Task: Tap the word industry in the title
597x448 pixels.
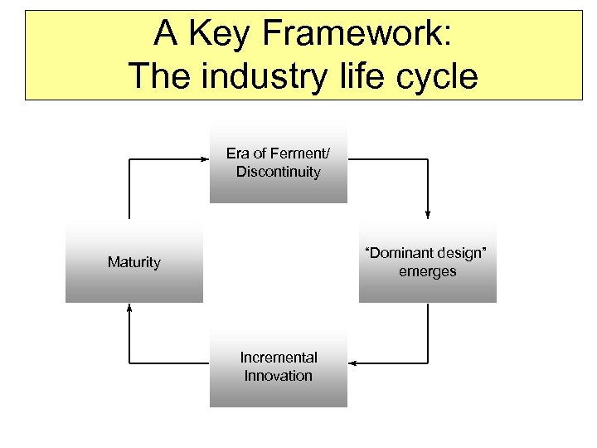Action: point(257,76)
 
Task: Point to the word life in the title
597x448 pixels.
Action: point(357,76)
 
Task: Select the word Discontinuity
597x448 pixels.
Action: point(278,172)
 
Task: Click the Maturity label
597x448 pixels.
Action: point(133,262)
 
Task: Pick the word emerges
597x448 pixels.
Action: point(427,271)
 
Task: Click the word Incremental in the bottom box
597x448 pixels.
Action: point(278,358)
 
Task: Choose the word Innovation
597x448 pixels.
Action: point(278,376)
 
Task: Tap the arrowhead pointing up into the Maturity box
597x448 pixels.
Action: point(129,308)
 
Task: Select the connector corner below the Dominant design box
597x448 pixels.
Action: point(428,363)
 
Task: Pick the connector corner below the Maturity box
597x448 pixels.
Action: point(129,363)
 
